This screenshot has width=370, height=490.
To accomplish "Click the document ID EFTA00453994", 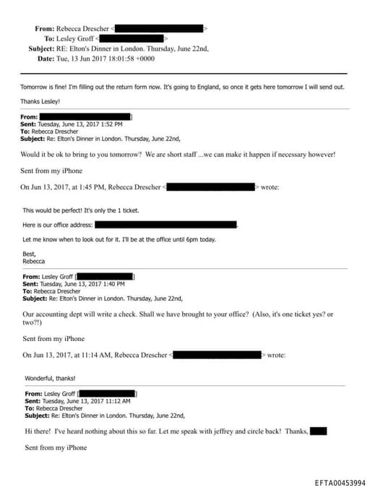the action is [x=340, y=483].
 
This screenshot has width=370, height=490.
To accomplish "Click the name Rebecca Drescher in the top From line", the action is [x=82, y=28].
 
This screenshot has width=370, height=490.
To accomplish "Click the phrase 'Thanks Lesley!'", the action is [x=40, y=101].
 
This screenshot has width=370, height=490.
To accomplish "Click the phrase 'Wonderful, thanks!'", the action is [x=50, y=378].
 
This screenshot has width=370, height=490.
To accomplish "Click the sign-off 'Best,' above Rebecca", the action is [x=30, y=254].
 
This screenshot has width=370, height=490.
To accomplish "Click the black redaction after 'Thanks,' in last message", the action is [x=318, y=431].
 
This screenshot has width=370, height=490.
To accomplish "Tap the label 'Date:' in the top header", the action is [x=45, y=59].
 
